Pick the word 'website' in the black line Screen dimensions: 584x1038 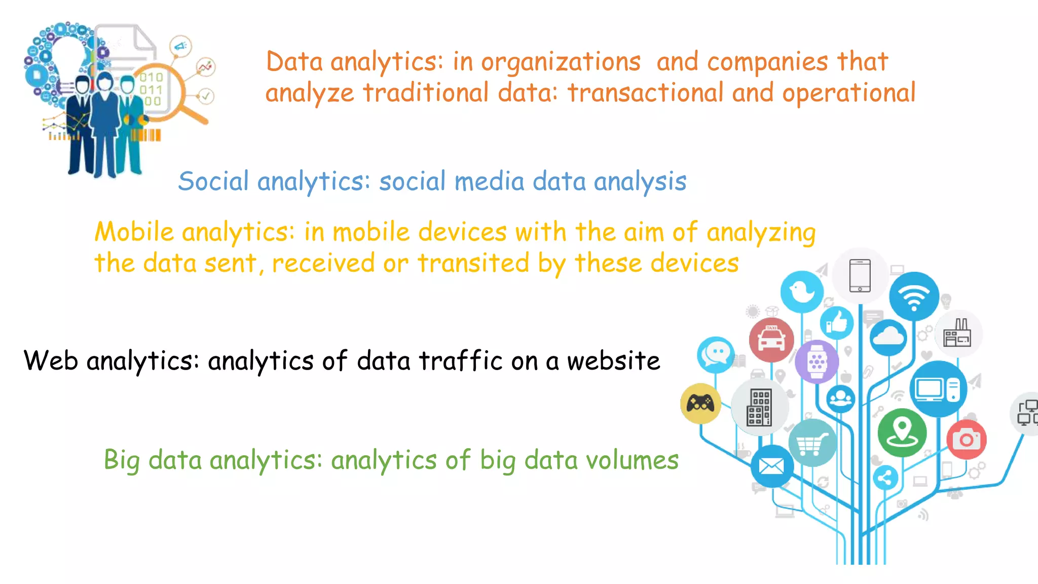pos(613,361)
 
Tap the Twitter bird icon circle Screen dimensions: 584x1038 pos(802,292)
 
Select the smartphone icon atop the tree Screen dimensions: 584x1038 pos(860,276)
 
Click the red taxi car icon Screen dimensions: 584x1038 pos(771,340)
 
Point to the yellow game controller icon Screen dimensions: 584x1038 pos(700,404)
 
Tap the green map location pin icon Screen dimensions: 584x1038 pos(902,432)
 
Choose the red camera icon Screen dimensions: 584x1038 pos(967,439)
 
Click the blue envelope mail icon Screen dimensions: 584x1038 pos(771,466)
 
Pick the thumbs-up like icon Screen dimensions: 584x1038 pos(837,323)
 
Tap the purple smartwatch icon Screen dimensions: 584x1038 pos(817,361)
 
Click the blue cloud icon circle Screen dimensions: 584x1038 pos(888,337)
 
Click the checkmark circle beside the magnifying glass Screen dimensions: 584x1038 pos(206,95)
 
